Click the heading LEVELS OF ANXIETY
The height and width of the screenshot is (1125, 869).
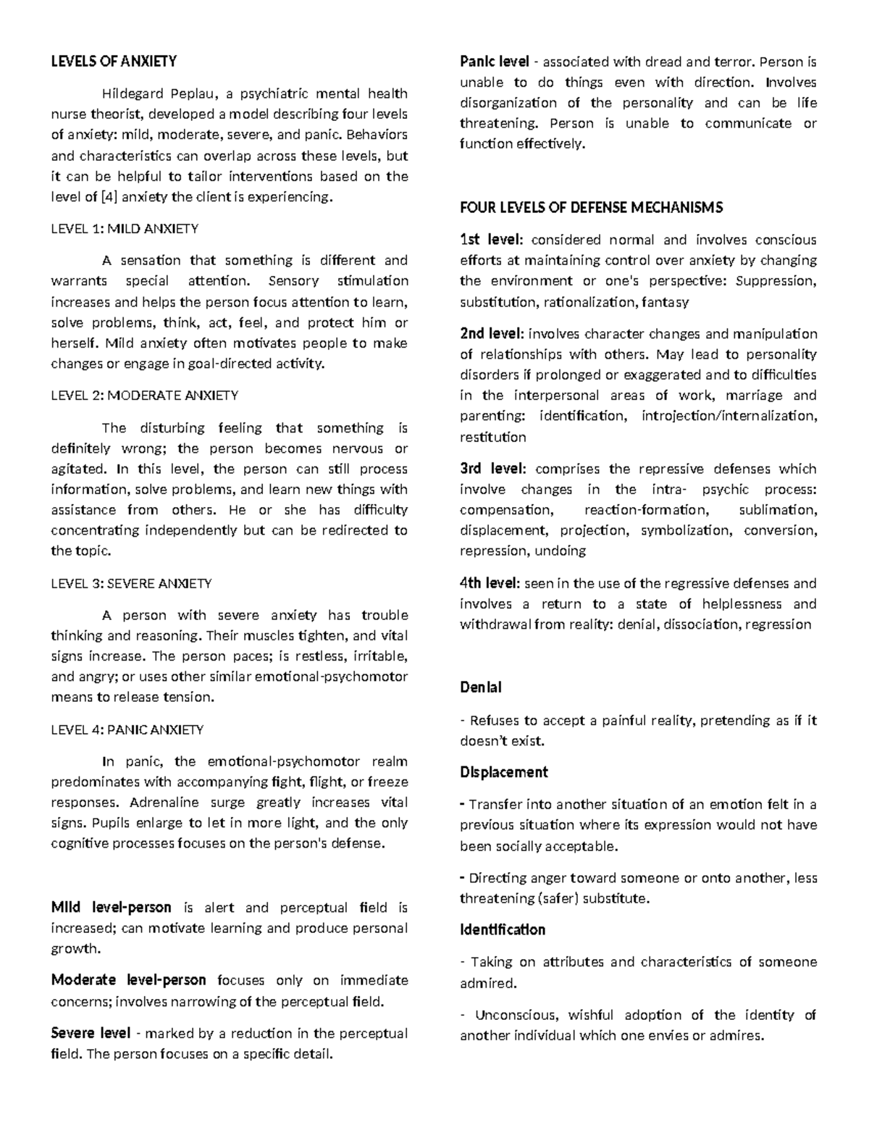coord(113,62)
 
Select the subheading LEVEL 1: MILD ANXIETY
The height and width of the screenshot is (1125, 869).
coord(124,229)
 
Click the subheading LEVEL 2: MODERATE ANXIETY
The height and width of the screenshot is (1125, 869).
coord(144,396)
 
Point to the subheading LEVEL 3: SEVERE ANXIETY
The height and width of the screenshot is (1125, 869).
coord(131,583)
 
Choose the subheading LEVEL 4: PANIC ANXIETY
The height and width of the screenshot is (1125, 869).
coord(127,729)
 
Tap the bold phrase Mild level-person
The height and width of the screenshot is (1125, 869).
coord(111,908)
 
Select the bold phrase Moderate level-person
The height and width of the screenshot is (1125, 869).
coord(128,980)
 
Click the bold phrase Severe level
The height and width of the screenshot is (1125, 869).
coord(91,1033)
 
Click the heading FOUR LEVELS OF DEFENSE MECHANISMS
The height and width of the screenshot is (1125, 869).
coord(591,208)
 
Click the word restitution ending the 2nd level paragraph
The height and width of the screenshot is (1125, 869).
coord(492,437)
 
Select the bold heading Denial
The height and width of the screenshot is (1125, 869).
coord(481,687)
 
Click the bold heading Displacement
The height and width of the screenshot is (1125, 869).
coord(504,772)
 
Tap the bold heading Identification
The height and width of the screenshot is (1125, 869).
coord(503,929)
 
